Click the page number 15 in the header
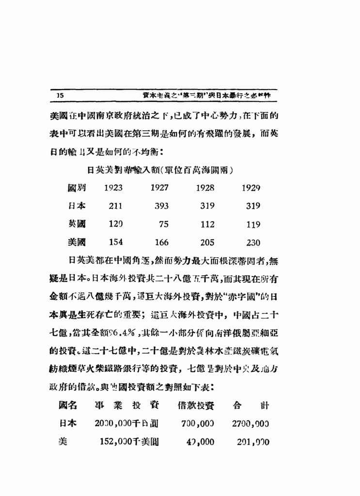click(x=61, y=95)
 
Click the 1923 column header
click(x=113, y=188)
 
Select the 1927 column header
click(x=159, y=188)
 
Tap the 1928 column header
click(x=205, y=188)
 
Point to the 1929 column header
click(x=251, y=188)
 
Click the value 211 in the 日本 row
click(x=115, y=206)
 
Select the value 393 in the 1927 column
click(x=161, y=206)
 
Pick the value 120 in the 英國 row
click(x=115, y=224)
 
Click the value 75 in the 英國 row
click(x=163, y=224)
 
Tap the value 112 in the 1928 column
click(x=207, y=224)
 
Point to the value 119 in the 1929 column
click(x=253, y=224)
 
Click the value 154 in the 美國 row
click(x=115, y=243)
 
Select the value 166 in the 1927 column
click(x=161, y=243)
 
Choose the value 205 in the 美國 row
click(x=207, y=243)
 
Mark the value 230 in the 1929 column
click(x=253, y=243)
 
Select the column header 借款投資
click(x=196, y=405)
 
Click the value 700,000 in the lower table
click(x=198, y=424)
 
